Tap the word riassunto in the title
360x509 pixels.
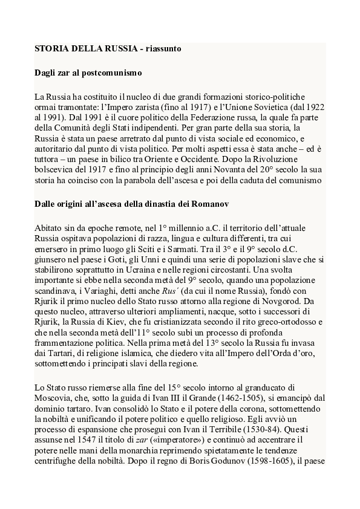pos(159,47)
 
